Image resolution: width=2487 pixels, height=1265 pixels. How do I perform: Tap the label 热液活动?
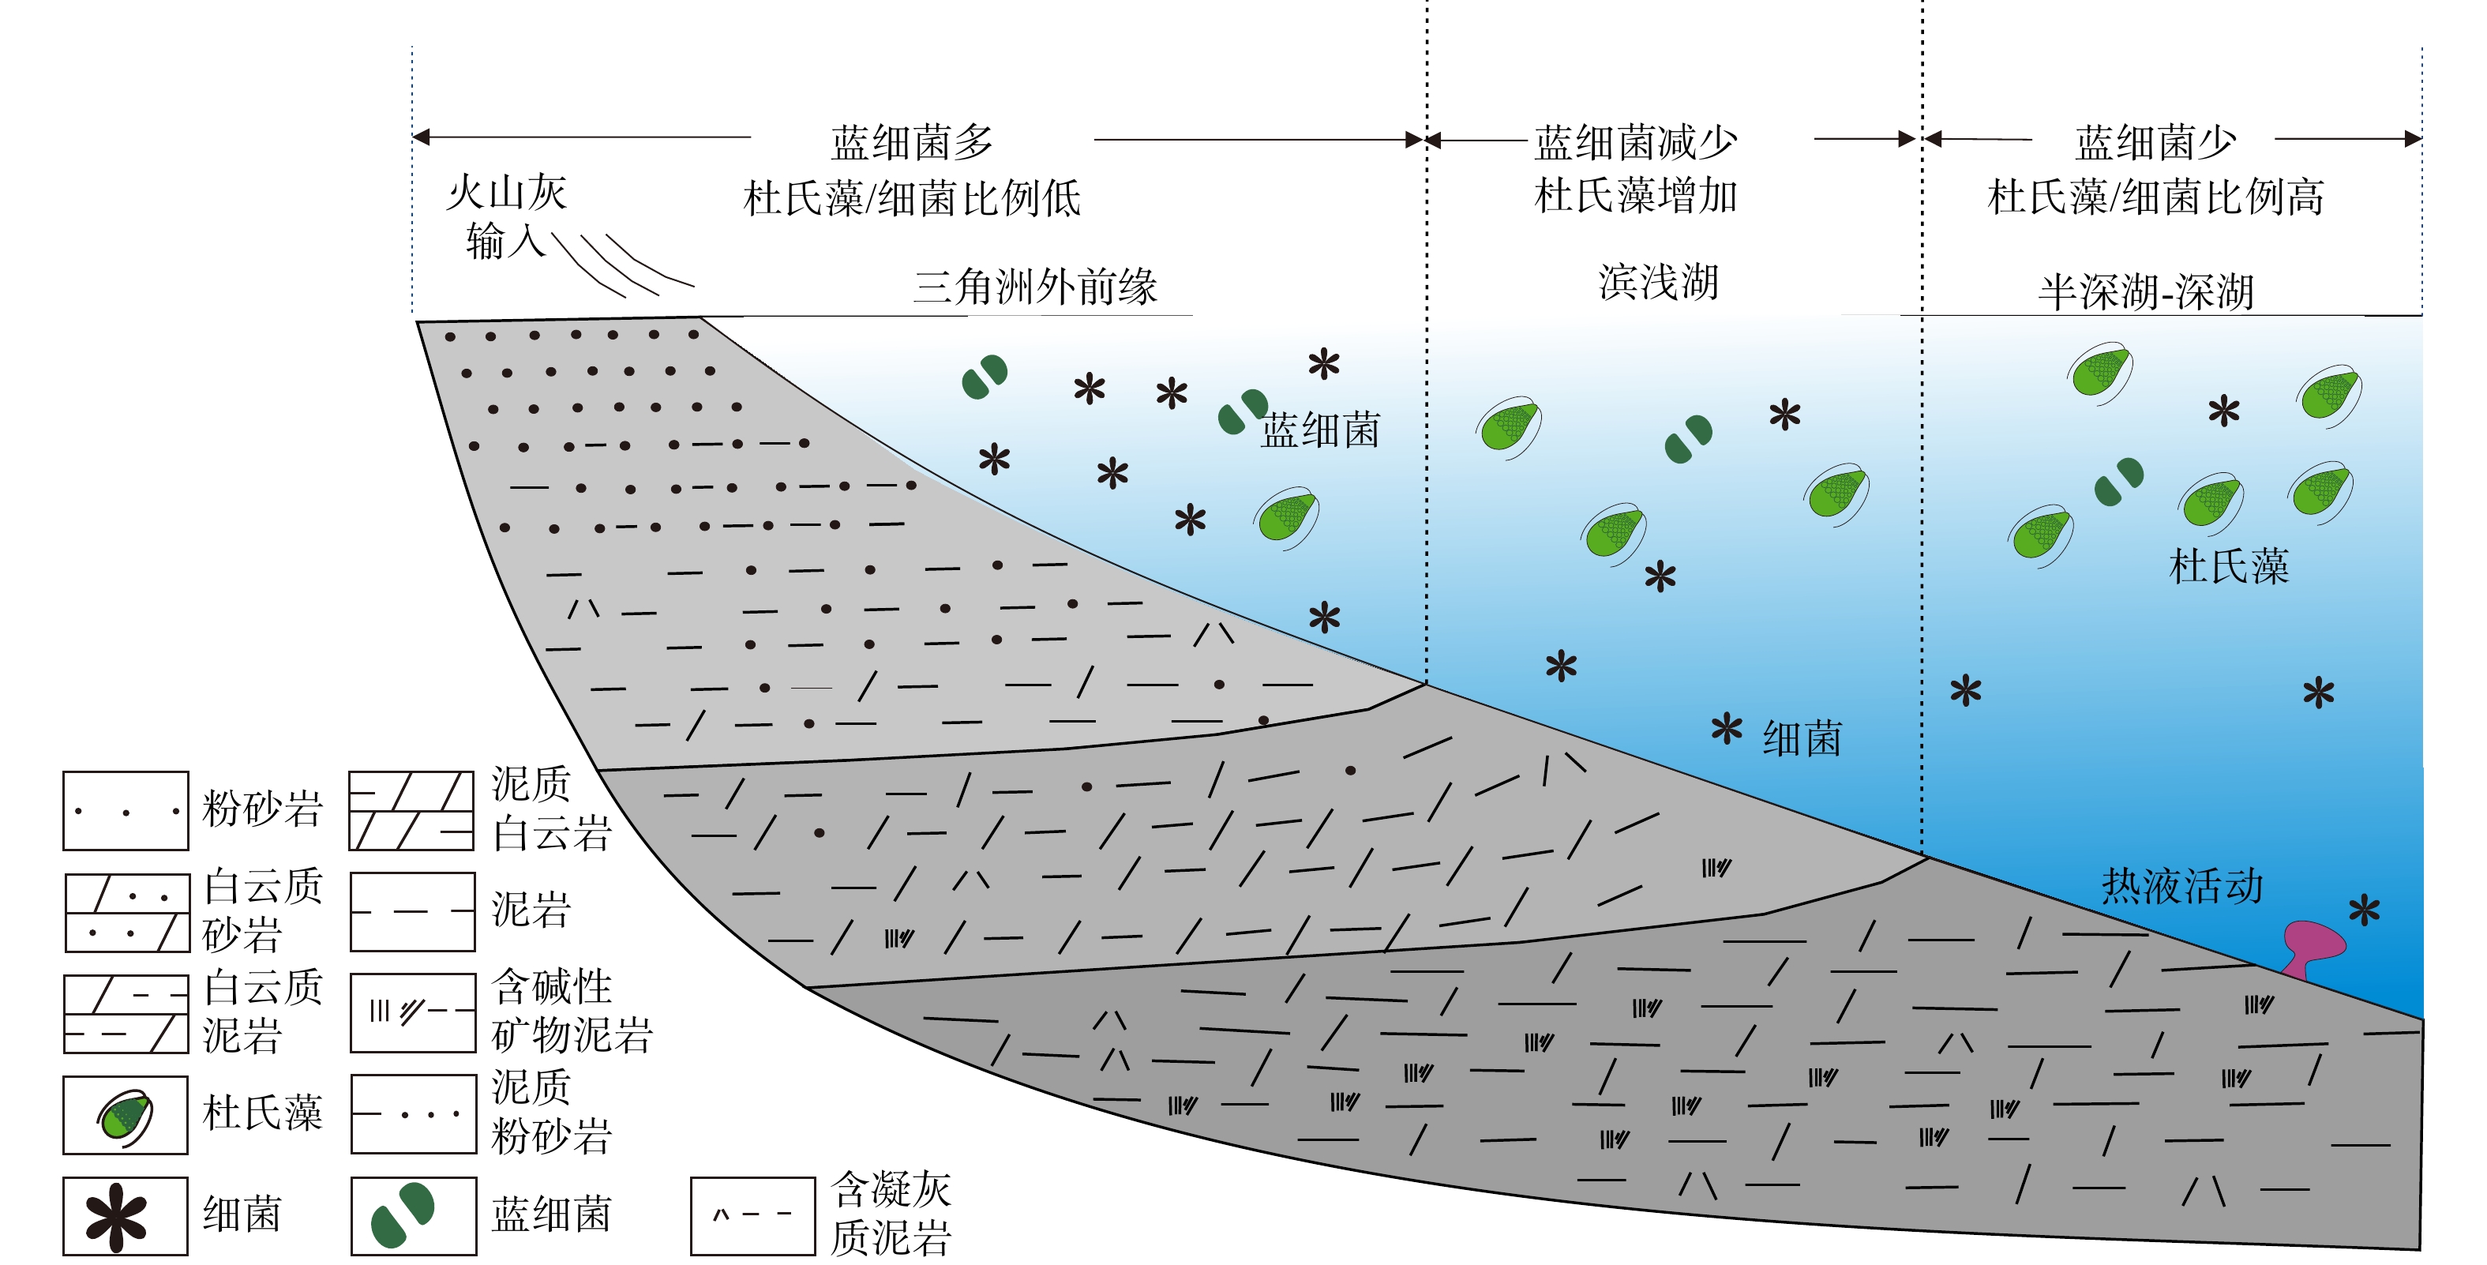2182,885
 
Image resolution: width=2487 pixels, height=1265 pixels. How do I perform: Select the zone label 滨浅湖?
1658,282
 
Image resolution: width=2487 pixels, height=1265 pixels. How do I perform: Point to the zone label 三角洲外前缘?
1035,287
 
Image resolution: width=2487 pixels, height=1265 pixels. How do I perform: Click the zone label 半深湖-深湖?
2145,291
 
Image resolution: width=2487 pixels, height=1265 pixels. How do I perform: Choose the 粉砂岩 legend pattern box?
126,811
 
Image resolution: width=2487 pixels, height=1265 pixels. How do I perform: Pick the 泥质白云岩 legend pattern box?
411,811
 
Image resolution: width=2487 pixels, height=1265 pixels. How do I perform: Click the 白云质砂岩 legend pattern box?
126,913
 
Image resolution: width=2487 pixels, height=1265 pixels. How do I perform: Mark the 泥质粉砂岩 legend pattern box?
413,1114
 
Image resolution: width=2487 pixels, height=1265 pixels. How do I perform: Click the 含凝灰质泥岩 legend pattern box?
752,1216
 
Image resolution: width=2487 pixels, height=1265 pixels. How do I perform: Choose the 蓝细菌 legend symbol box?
413,1216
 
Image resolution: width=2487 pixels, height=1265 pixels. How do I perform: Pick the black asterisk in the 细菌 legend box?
117,1217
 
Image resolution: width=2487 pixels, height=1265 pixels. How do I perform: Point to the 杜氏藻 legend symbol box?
126,1115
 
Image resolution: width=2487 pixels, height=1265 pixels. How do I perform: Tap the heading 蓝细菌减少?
1635,143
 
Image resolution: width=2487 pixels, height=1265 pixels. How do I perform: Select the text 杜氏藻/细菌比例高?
2155,197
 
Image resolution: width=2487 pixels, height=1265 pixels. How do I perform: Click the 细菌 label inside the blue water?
1802,739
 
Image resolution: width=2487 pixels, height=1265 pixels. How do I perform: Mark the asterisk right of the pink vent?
2365,910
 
